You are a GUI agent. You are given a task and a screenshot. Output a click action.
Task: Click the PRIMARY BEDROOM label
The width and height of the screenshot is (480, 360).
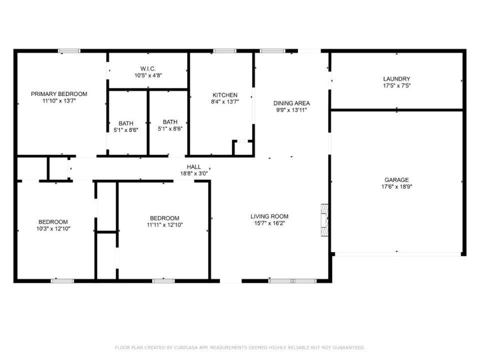coord(59,94)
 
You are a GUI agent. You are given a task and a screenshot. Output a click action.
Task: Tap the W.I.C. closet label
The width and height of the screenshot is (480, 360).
coord(148,68)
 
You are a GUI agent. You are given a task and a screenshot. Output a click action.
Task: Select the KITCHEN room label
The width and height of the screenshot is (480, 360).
coord(225,95)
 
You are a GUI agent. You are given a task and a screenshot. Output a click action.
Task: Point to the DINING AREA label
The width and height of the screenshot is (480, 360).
coord(291,103)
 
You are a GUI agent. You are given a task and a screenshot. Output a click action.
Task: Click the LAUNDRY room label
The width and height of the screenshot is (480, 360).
coord(396,79)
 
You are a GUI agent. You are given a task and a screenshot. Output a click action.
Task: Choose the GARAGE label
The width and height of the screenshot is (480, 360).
coord(396,180)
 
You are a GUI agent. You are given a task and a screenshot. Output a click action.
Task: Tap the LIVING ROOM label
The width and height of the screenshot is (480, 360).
coord(269,216)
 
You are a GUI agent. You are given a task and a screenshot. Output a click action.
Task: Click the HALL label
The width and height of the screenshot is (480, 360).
coord(194,167)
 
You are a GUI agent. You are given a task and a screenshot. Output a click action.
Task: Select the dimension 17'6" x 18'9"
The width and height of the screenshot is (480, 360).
coord(396,186)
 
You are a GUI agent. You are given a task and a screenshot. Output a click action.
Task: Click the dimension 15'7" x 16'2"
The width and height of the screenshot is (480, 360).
coord(269,223)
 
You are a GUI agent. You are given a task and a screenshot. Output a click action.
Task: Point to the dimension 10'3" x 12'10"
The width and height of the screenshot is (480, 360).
coord(53,228)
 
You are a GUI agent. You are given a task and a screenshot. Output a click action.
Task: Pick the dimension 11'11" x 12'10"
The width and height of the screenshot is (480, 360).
coord(164,225)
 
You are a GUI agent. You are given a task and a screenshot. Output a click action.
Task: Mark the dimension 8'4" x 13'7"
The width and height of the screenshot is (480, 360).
coord(225,101)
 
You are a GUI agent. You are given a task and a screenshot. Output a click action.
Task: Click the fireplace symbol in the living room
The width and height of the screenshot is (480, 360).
coord(324,220)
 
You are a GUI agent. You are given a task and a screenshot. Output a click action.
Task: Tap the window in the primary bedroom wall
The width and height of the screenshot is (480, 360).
coord(69,50)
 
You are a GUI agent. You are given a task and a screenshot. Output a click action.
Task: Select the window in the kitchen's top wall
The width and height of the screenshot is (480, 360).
coord(224,50)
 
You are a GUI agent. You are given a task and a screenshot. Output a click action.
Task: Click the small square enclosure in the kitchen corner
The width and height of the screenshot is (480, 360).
coord(242,147)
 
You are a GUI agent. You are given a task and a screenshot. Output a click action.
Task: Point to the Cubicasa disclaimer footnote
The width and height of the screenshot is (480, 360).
coord(240,347)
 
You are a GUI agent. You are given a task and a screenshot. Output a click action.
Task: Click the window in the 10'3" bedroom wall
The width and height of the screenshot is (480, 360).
coord(62,281)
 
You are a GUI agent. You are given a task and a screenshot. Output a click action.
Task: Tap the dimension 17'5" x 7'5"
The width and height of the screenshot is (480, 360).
coord(396,85)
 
